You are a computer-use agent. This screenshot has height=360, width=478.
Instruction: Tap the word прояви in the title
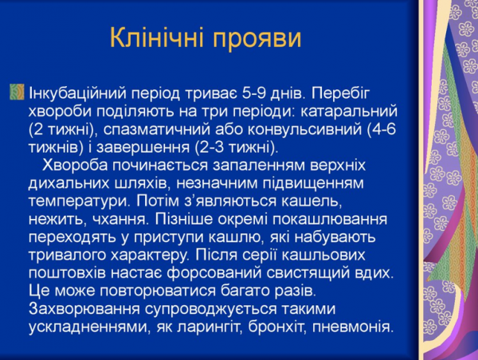(257, 38)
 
